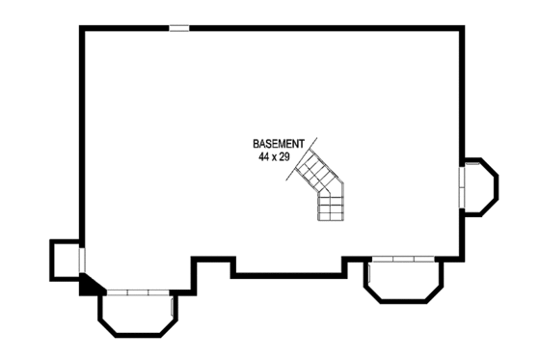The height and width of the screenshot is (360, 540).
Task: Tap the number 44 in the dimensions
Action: point(263,155)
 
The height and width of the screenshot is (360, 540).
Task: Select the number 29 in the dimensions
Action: point(284,155)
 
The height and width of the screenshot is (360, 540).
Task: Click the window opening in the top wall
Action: point(179,28)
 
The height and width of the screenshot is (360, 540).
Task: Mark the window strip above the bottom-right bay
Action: point(403,259)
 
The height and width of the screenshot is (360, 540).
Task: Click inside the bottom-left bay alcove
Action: point(138,312)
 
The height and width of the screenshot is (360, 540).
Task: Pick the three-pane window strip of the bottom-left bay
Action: point(138,291)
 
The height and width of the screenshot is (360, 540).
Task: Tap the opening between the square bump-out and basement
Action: point(82,261)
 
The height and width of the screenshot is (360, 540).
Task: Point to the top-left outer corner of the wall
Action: point(82,29)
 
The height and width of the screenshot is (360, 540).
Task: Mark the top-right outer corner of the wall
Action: point(462,29)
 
